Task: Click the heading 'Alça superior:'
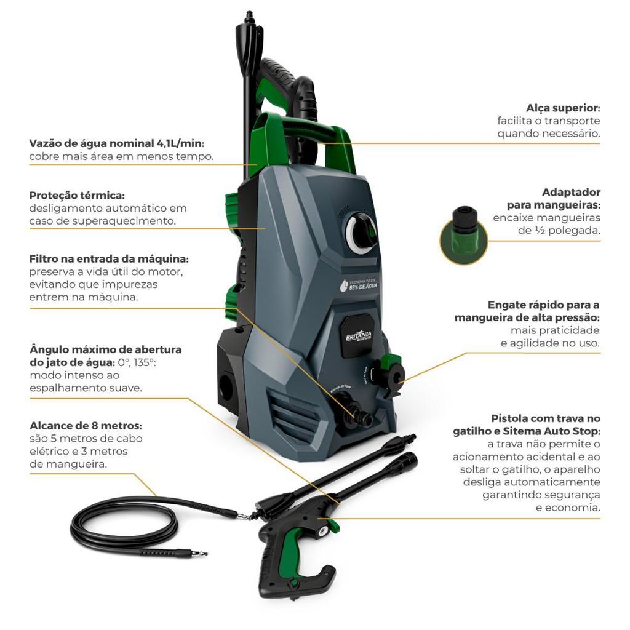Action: point(563,108)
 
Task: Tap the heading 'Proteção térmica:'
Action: point(77,196)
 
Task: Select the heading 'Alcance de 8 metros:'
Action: point(86,426)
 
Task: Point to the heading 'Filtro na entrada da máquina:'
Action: point(109,259)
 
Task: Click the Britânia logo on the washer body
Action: point(359,336)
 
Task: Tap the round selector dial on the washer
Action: point(361,232)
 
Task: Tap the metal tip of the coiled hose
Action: point(202,554)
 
